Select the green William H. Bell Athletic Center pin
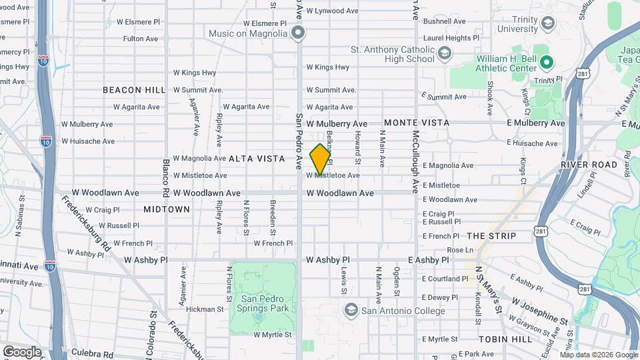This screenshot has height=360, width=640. coord(547,63)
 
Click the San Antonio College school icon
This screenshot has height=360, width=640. coord(351,311)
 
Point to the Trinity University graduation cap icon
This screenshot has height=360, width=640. coord(547,25)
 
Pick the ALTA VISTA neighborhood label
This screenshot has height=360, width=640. coord(257,159)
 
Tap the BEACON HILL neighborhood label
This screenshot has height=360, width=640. coord(134,90)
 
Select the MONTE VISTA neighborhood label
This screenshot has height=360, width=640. coord(417,123)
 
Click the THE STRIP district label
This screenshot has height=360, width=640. coord(492,236)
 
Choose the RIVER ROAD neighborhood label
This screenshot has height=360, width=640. coord(589,164)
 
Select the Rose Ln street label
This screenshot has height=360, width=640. coord(460,250)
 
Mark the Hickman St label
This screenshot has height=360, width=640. coord(205,309)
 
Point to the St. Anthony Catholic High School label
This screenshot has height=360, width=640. coord(393,54)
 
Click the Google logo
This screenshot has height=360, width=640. coord(22,351)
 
